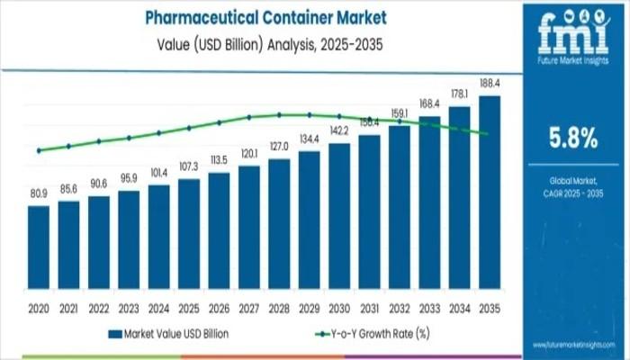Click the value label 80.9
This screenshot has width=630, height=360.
[39, 193]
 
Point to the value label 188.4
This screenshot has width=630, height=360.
[490, 84]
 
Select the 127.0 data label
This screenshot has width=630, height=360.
[279, 146]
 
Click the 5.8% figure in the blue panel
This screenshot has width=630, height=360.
[573, 138]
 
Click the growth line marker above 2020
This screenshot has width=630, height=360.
[39, 150]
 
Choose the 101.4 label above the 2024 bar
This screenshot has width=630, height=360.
[159, 172]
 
